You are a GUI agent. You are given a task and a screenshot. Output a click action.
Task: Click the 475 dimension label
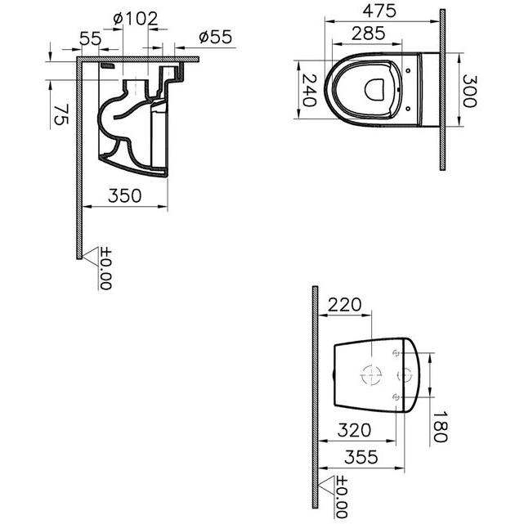click(x=379, y=11)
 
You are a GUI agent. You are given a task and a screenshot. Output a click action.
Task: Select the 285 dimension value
click(x=368, y=34)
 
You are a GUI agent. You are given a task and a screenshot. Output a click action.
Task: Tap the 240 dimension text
click(x=308, y=90)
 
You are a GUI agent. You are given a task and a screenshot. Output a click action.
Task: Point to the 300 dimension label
click(x=469, y=91)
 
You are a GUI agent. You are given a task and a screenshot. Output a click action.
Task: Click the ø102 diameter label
click(x=136, y=19)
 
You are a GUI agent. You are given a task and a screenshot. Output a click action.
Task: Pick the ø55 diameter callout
click(x=215, y=37)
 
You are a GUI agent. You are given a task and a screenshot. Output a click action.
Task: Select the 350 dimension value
click(x=124, y=196)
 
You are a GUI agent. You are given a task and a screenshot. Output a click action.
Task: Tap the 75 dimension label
click(x=61, y=114)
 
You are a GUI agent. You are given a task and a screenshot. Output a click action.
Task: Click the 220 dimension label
click(x=344, y=305)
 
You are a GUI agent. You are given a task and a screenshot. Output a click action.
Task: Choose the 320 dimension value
click(x=354, y=431)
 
